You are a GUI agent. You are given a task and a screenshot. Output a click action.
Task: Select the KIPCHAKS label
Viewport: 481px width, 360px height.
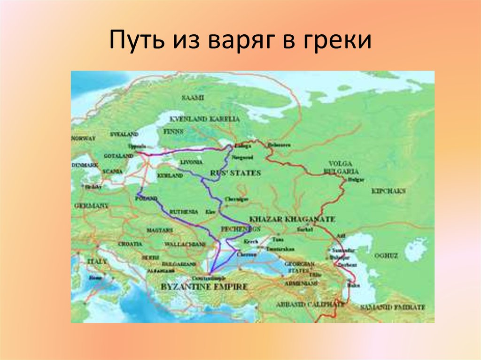(x=388, y=191)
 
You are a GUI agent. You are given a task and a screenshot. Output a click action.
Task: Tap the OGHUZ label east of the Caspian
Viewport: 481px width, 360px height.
(x=386, y=255)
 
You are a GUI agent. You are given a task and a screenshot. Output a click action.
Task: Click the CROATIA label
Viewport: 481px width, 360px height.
(x=131, y=244)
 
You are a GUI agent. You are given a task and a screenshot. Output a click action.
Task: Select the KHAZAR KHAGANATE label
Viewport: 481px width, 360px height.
(x=292, y=219)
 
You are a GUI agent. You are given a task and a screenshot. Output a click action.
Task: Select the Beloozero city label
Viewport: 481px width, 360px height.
(x=279, y=145)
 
